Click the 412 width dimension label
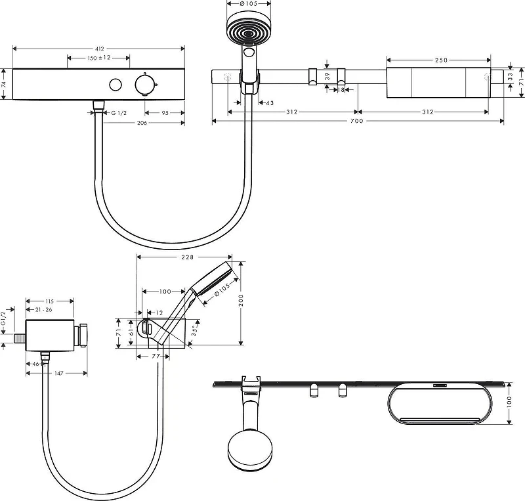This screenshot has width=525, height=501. click(x=100, y=49)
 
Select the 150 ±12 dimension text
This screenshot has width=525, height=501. click(x=99, y=58)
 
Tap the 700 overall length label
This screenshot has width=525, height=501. click(x=356, y=121)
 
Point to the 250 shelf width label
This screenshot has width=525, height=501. click(x=441, y=60)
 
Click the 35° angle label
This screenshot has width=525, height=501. click(x=194, y=330)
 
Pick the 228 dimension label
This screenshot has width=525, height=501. click(x=187, y=257)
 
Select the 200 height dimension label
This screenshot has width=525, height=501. click(x=241, y=300)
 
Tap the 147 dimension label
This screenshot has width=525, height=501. click(x=58, y=373)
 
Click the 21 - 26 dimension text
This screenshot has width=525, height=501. click(x=43, y=310)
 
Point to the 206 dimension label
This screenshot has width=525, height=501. click(x=142, y=123)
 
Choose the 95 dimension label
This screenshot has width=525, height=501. click(x=165, y=113)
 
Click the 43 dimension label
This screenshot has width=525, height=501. click(x=270, y=103)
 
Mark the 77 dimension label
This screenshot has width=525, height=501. click(x=156, y=357)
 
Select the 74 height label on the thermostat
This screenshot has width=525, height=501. click(x=4, y=84)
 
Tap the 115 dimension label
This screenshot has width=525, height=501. click(x=49, y=301)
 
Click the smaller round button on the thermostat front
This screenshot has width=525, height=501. click(x=115, y=85)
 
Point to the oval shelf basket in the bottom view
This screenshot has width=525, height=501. click(x=440, y=403)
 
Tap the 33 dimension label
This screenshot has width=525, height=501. click(x=510, y=77)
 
